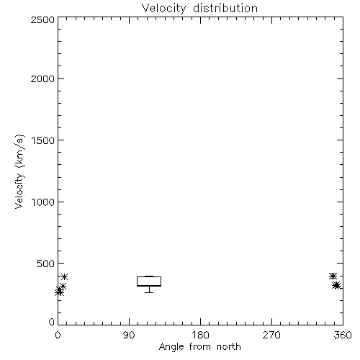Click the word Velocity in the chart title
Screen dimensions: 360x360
coord(163,9)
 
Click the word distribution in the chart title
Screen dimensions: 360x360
coord(225,8)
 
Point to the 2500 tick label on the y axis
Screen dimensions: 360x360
coord(42,19)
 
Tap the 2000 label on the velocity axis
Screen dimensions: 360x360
coord(42,78)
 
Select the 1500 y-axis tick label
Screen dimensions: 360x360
coord(43,140)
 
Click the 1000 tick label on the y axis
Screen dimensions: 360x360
coord(43,202)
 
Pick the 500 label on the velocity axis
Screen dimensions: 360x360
coord(45,264)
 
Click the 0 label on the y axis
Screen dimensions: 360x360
coord(52,322)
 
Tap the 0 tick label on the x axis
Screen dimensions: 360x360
coord(58,335)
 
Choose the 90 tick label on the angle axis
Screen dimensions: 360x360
coord(129,335)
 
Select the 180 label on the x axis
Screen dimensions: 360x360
coord(200,335)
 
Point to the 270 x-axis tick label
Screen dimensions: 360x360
coord(271,335)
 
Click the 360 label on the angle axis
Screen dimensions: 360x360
coord(343,335)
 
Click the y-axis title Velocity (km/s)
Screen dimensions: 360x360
coord(19,171)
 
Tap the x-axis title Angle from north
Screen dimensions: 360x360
coord(199,347)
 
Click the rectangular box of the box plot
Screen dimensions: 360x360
coord(149,276)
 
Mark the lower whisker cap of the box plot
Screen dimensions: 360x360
coord(149,292)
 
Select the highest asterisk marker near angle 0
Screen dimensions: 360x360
coord(64,276)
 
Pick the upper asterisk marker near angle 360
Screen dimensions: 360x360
coord(333,276)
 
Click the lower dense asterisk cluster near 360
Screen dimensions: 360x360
coord(337,286)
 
